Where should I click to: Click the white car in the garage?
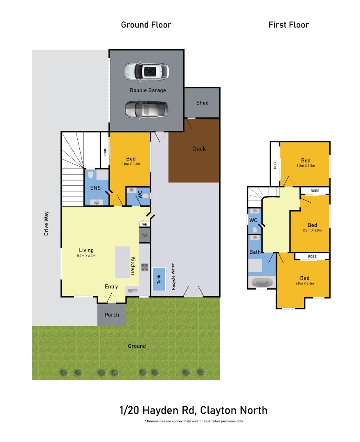[146, 72]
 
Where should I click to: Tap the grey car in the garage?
[146, 109]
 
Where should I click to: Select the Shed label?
[202, 103]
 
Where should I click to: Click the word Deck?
[199, 149]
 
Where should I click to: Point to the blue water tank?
[159, 279]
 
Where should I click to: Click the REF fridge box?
[144, 235]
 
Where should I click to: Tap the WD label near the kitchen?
[144, 225]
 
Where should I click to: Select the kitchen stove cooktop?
[144, 268]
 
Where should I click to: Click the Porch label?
[112, 315]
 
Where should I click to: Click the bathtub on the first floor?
[261, 282]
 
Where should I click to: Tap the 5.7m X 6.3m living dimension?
[86, 256]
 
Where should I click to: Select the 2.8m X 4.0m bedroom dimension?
[312, 230]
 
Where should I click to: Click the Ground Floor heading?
[146, 25]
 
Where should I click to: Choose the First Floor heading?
[288, 25]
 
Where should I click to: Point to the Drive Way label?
[47, 223]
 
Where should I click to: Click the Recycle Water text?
[173, 277]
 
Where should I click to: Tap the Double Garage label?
[148, 90]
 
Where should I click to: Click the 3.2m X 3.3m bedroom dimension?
[306, 166]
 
